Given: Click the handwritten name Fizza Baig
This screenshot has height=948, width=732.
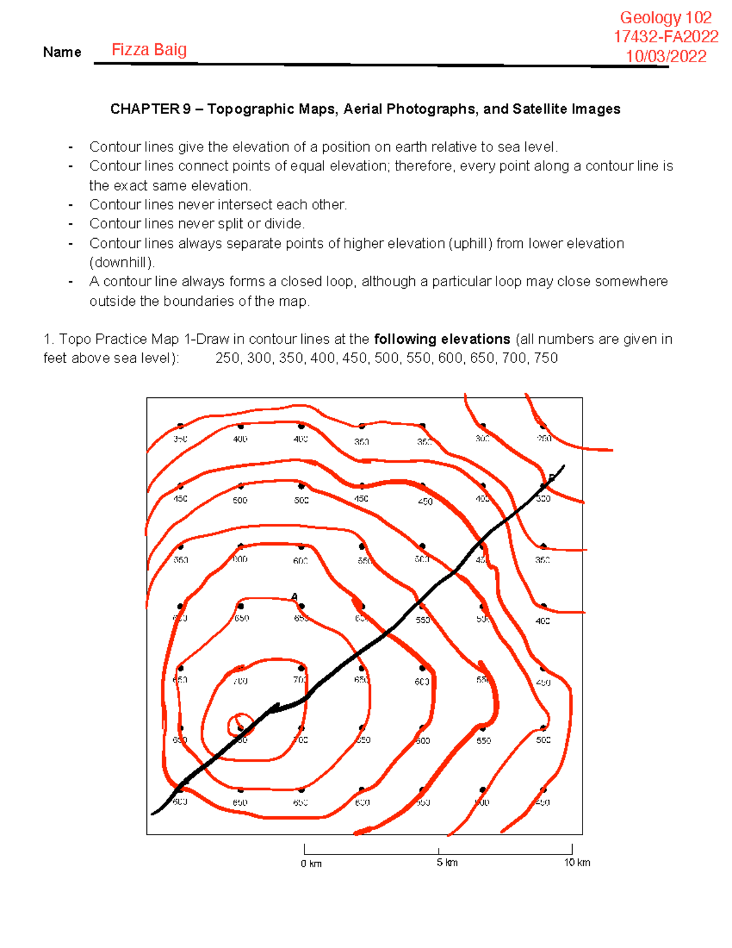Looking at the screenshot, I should [x=149, y=49].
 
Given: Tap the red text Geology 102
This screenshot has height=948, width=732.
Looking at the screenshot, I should [x=666, y=18].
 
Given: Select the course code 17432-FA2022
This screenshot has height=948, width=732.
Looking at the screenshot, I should [x=666, y=37].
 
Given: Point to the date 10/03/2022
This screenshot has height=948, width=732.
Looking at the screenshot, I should [x=666, y=56].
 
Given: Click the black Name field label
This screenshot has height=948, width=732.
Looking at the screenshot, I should [x=62, y=52].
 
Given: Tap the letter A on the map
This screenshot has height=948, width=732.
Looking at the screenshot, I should [x=294, y=596].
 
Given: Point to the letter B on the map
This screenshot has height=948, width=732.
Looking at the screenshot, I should [x=551, y=478].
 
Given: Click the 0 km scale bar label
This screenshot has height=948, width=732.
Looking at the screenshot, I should [x=311, y=863].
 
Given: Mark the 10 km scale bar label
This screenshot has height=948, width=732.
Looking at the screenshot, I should [x=576, y=863].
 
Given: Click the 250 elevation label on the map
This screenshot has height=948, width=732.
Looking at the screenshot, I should [x=544, y=438].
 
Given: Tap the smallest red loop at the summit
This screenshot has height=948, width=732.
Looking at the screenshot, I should [x=241, y=725].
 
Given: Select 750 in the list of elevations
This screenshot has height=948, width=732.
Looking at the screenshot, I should [x=546, y=358].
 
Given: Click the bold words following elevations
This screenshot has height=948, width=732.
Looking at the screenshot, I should [x=442, y=339].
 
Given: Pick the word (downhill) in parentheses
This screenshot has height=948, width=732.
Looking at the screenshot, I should [x=122, y=262].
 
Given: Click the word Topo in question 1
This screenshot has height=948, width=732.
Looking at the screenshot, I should [x=75, y=339].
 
